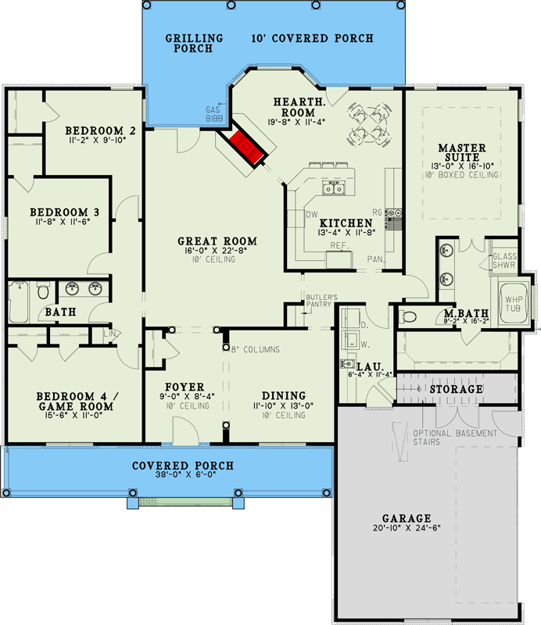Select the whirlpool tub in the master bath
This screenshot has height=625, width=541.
click(x=513, y=303)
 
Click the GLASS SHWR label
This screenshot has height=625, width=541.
click(x=504, y=260)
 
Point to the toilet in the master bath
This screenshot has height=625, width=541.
click(x=408, y=317)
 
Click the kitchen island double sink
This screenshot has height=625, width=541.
click(x=334, y=187)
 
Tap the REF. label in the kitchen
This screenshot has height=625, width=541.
click(x=339, y=246)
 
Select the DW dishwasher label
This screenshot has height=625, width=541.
click(x=312, y=214)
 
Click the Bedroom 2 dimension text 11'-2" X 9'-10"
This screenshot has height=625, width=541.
click(x=98, y=140)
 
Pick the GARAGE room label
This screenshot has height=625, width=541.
click(x=407, y=518)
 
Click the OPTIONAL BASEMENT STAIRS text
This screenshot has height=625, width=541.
click(x=455, y=437)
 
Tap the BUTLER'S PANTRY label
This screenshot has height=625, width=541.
click(x=321, y=301)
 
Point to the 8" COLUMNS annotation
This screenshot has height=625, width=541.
click(x=256, y=349)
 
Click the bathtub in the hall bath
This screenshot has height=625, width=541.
click(x=18, y=302)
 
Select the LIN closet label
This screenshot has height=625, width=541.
click(x=109, y=334)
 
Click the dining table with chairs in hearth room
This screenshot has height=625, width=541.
click(x=369, y=124)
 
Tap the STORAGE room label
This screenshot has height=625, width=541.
click(x=456, y=389)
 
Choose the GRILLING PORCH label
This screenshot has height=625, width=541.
click(x=195, y=43)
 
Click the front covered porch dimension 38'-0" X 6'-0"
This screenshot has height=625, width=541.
click(x=185, y=474)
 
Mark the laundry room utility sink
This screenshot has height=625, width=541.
click(x=347, y=363)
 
